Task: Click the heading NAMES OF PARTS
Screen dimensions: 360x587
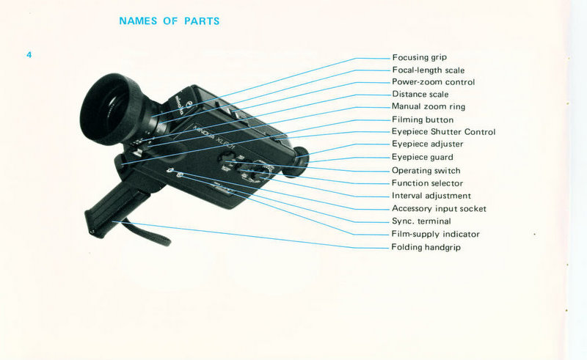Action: pyautogui.click(x=169, y=21)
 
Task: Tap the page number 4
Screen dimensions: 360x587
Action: pyautogui.click(x=29, y=55)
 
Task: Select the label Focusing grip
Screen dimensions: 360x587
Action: pyautogui.click(x=419, y=57)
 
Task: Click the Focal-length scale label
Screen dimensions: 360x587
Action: pyautogui.click(x=428, y=70)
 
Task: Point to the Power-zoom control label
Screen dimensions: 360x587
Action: pyautogui.click(x=433, y=82)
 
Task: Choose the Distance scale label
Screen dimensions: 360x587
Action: pyautogui.click(x=420, y=95)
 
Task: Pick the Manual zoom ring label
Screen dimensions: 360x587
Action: pyautogui.click(x=428, y=107)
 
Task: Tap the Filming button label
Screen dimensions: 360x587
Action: pyautogui.click(x=423, y=120)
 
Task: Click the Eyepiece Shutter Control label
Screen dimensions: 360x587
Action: pyautogui.click(x=443, y=132)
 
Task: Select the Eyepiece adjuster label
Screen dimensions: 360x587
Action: pyautogui.click(x=426, y=144)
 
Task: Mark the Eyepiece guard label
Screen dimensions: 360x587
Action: pyautogui.click(x=422, y=157)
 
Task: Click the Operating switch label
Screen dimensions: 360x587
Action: pyautogui.click(x=426, y=171)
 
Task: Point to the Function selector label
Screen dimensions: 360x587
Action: pyautogui.click(x=427, y=183)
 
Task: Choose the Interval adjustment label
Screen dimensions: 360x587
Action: pyautogui.click(x=431, y=196)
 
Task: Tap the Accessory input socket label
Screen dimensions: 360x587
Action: pyautogui.click(x=439, y=209)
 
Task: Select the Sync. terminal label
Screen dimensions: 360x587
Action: pyautogui.click(x=421, y=221)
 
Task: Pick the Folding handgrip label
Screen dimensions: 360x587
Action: pyautogui.click(x=426, y=247)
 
